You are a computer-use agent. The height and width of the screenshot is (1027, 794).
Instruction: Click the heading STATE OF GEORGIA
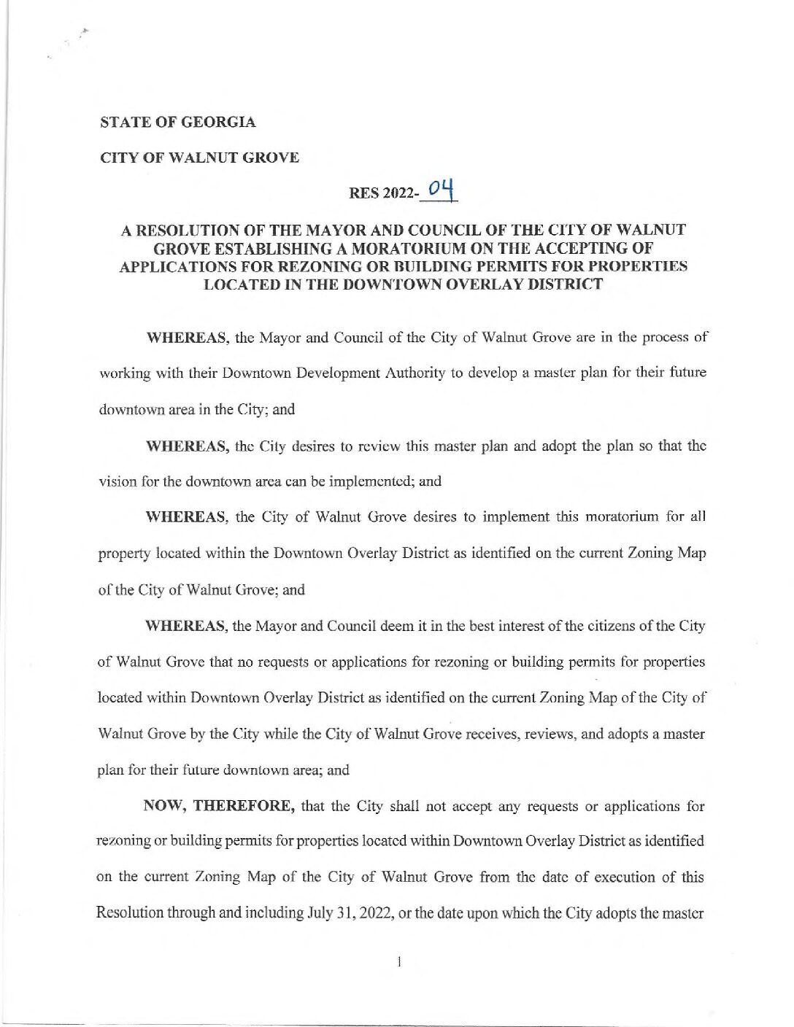pyautogui.click(x=177, y=123)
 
